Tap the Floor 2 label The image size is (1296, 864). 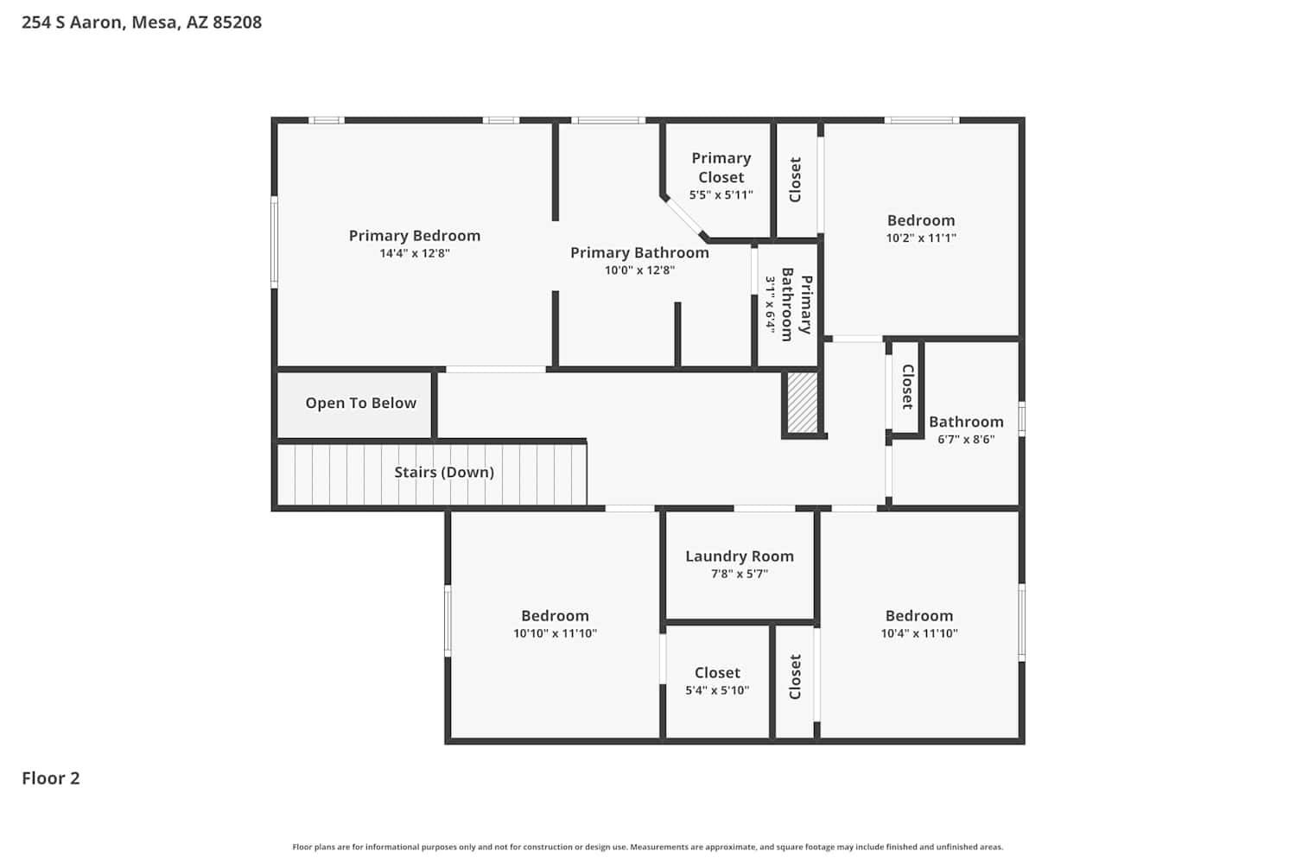point(51,778)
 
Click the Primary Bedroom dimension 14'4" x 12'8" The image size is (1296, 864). point(415,253)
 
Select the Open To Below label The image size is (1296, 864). point(361,403)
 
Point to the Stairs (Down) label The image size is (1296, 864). point(444,473)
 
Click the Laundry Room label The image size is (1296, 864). point(740,556)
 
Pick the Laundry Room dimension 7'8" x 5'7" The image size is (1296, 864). point(740,574)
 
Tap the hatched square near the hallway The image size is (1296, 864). point(803,403)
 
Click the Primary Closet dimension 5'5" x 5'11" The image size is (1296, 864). point(721,195)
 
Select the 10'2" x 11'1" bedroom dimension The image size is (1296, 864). point(921,238)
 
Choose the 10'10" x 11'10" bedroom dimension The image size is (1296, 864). point(555,633)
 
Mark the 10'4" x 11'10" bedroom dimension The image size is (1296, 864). point(919,633)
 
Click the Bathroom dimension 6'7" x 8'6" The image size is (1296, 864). point(966,439)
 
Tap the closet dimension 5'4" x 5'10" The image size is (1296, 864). point(717,689)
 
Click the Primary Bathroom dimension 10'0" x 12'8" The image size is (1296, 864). point(640,270)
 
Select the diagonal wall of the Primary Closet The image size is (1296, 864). point(684,217)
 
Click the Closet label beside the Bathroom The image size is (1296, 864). point(907,386)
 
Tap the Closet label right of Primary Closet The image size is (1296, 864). point(796,180)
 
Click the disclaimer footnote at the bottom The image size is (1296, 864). point(648,847)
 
